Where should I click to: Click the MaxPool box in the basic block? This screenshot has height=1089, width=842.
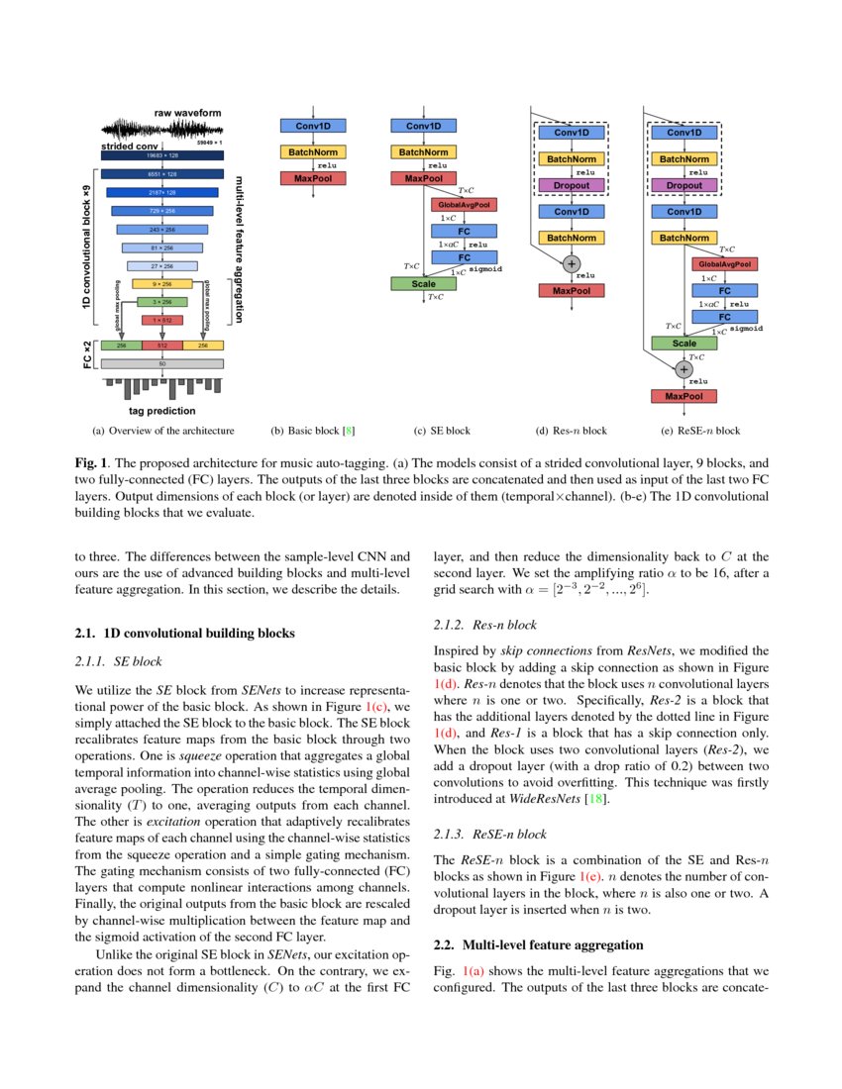tap(313, 178)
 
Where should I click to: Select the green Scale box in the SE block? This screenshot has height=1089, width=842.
tap(417, 284)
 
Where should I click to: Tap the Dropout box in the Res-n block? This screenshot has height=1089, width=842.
tap(572, 185)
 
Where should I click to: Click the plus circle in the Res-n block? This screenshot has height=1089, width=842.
tap(572, 263)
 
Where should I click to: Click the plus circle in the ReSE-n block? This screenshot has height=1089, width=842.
tap(684, 368)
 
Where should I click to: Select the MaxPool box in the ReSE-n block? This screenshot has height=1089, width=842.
tap(684, 396)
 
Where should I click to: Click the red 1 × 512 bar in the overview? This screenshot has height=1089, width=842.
tap(160, 320)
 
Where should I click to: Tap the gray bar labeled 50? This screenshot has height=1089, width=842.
tap(160, 363)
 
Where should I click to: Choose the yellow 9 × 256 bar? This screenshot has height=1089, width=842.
tap(160, 284)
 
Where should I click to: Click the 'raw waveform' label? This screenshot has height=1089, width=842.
tap(187, 113)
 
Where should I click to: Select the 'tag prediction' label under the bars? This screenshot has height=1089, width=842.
tap(161, 410)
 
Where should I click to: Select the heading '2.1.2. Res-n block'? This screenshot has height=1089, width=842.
tap(485, 626)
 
